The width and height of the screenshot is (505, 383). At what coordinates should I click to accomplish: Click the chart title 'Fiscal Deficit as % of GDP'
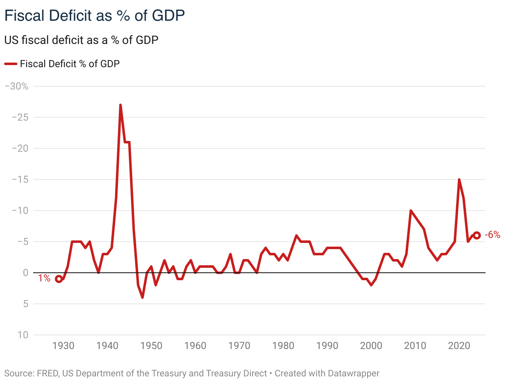coord(94,16)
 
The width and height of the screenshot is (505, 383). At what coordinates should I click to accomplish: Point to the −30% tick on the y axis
coord(16,86)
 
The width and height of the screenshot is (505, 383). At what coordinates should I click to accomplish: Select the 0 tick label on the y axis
coord(25,273)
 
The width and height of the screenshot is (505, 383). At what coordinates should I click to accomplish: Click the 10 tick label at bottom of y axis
coord(23,335)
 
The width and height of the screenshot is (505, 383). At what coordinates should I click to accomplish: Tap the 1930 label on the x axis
coord(63,346)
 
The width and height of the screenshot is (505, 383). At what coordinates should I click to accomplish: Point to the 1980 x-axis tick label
coord(283,346)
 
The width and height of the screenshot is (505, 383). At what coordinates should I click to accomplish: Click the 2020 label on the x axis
coord(459,346)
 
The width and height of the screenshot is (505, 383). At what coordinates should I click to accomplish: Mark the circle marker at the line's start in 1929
coord(59,279)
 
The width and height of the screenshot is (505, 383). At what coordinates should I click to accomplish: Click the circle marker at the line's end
coord(476,235)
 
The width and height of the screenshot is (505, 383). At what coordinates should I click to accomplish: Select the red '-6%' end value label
coord(492,235)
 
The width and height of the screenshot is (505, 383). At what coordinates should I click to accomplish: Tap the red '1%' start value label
coord(44,279)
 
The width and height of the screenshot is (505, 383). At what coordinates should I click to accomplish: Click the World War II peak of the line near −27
coord(120,105)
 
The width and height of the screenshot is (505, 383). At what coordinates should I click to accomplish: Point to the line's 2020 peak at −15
coord(459,180)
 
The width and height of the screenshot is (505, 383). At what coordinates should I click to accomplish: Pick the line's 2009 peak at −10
coord(411,211)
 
